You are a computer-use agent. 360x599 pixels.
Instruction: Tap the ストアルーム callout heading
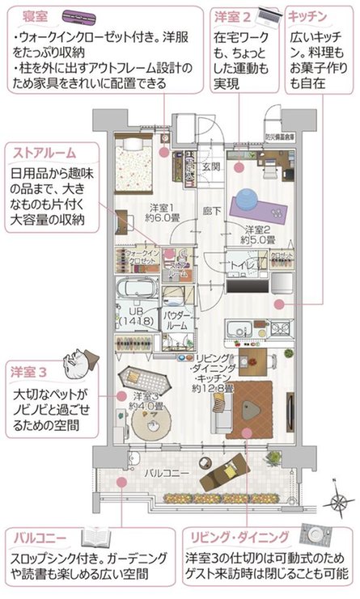[x=44, y=151]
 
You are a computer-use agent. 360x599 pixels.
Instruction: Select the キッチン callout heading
[x=307, y=15]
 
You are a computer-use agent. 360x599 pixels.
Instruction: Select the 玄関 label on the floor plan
[x=210, y=167]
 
